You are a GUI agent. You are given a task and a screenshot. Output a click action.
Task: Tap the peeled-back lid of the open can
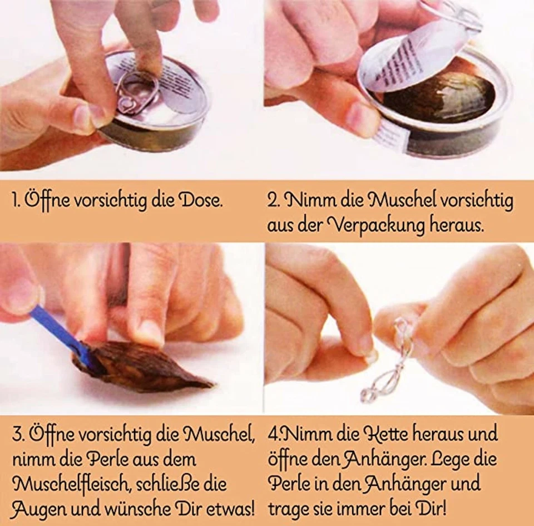coord(414,61)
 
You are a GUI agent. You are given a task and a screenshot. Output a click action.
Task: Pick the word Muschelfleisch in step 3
coord(70,484)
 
